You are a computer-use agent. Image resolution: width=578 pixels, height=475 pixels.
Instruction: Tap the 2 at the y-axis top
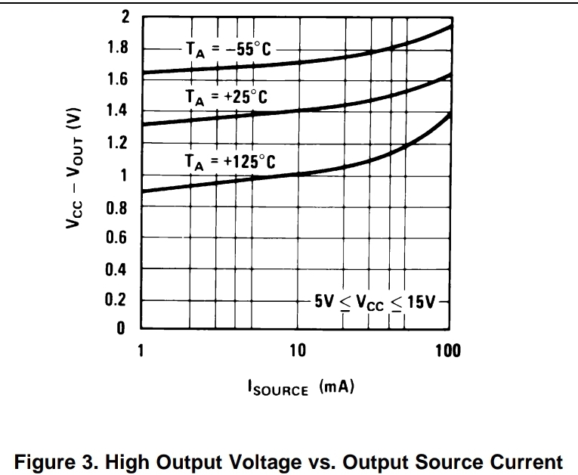(x=125, y=17)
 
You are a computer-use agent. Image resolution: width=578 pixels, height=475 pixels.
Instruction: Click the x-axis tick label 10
(x=297, y=352)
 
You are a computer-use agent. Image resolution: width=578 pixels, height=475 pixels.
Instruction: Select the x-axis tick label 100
(x=449, y=352)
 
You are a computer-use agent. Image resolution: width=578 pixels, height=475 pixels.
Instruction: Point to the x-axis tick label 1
(x=141, y=352)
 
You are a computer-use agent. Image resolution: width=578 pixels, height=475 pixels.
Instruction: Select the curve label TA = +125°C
(x=230, y=161)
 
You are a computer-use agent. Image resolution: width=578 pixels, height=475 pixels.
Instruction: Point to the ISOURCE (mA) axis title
(x=300, y=388)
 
